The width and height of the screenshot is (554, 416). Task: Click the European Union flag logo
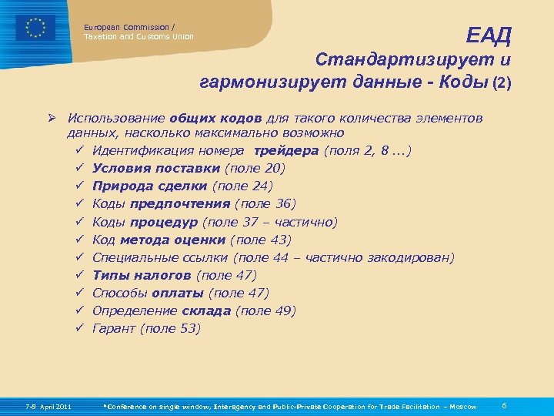(x=35, y=28)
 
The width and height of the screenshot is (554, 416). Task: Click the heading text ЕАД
(x=489, y=35)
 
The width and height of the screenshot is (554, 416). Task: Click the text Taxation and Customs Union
(x=138, y=36)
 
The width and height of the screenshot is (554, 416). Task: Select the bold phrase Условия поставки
(x=155, y=169)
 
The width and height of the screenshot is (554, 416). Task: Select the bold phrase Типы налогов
(x=142, y=275)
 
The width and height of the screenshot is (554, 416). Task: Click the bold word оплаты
(x=178, y=293)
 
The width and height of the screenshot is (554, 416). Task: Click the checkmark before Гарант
(x=80, y=328)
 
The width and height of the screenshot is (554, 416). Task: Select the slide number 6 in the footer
(x=503, y=405)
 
